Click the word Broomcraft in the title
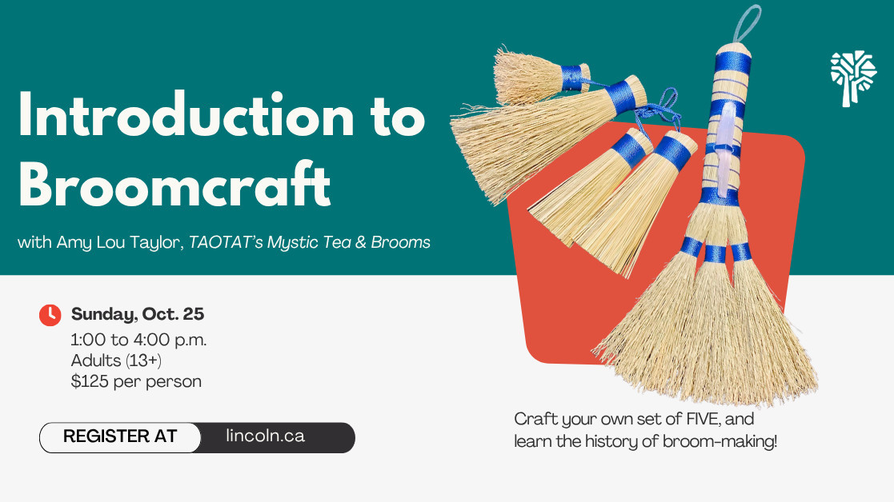click(174, 184)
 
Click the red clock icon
click(50, 315)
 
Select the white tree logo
click(853, 78)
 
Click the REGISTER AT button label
click(120, 436)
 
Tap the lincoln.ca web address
click(265, 436)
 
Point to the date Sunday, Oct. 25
click(138, 313)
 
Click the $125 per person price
click(136, 380)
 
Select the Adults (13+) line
click(116, 361)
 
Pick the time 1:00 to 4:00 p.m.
click(138, 340)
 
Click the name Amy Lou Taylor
click(120, 242)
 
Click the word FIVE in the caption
click(704, 419)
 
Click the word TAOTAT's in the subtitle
click(226, 242)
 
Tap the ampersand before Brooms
click(361, 242)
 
